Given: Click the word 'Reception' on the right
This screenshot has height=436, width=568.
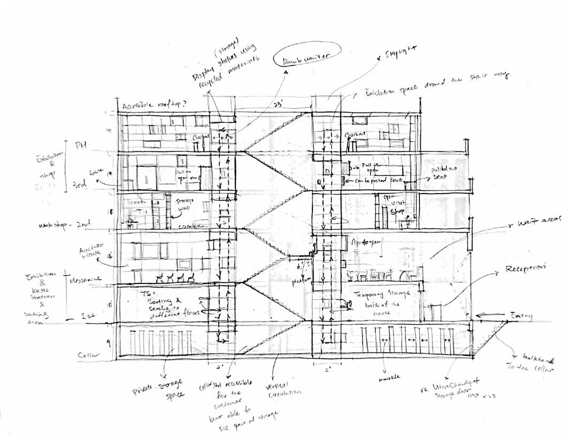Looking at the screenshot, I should (525, 267).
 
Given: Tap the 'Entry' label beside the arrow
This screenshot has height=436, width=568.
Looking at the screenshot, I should (521, 316).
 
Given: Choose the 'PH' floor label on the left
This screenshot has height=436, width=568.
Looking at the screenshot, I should (80, 144).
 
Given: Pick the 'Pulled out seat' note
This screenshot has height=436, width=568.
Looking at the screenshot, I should (446, 173).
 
